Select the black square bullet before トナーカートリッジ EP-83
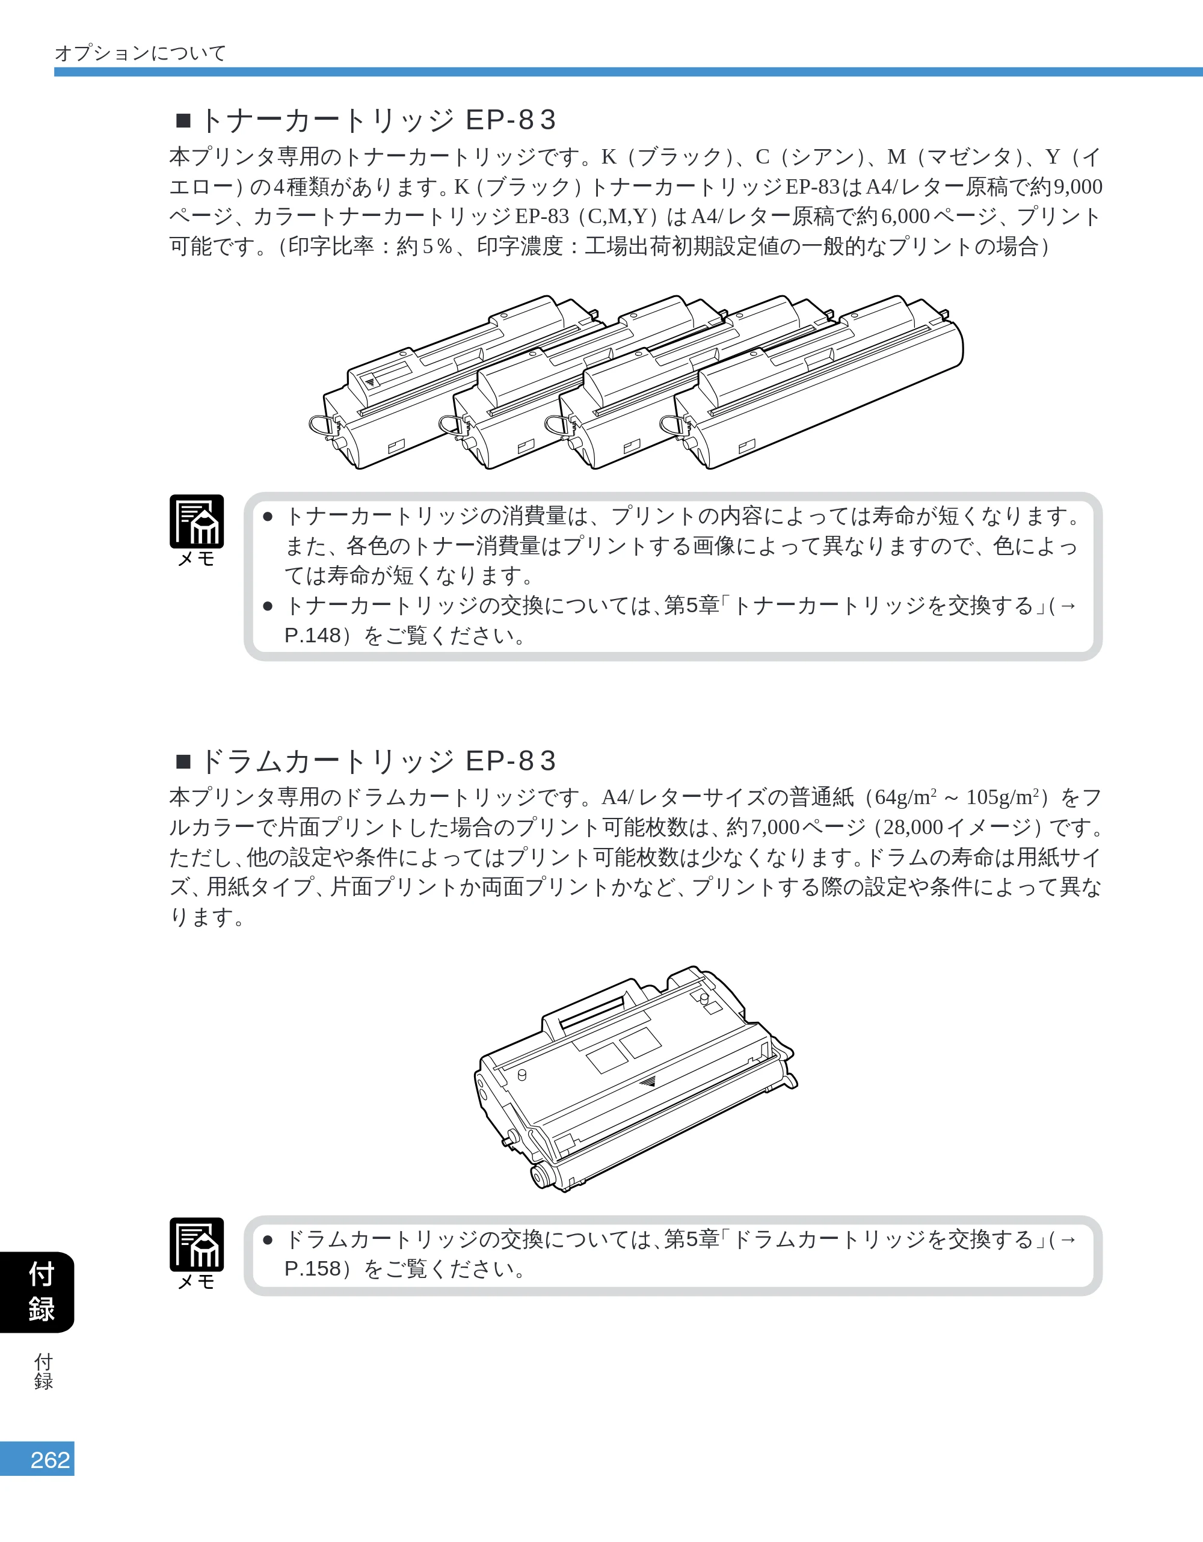pyautogui.click(x=183, y=121)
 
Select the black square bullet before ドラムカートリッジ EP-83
pyautogui.click(x=183, y=762)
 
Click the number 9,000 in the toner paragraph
pyautogui.click(x=1077, y=187)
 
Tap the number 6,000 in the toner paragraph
pyautogui.click(x=906, y=217)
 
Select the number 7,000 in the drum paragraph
pyautogui.click(x=775, y=828)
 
